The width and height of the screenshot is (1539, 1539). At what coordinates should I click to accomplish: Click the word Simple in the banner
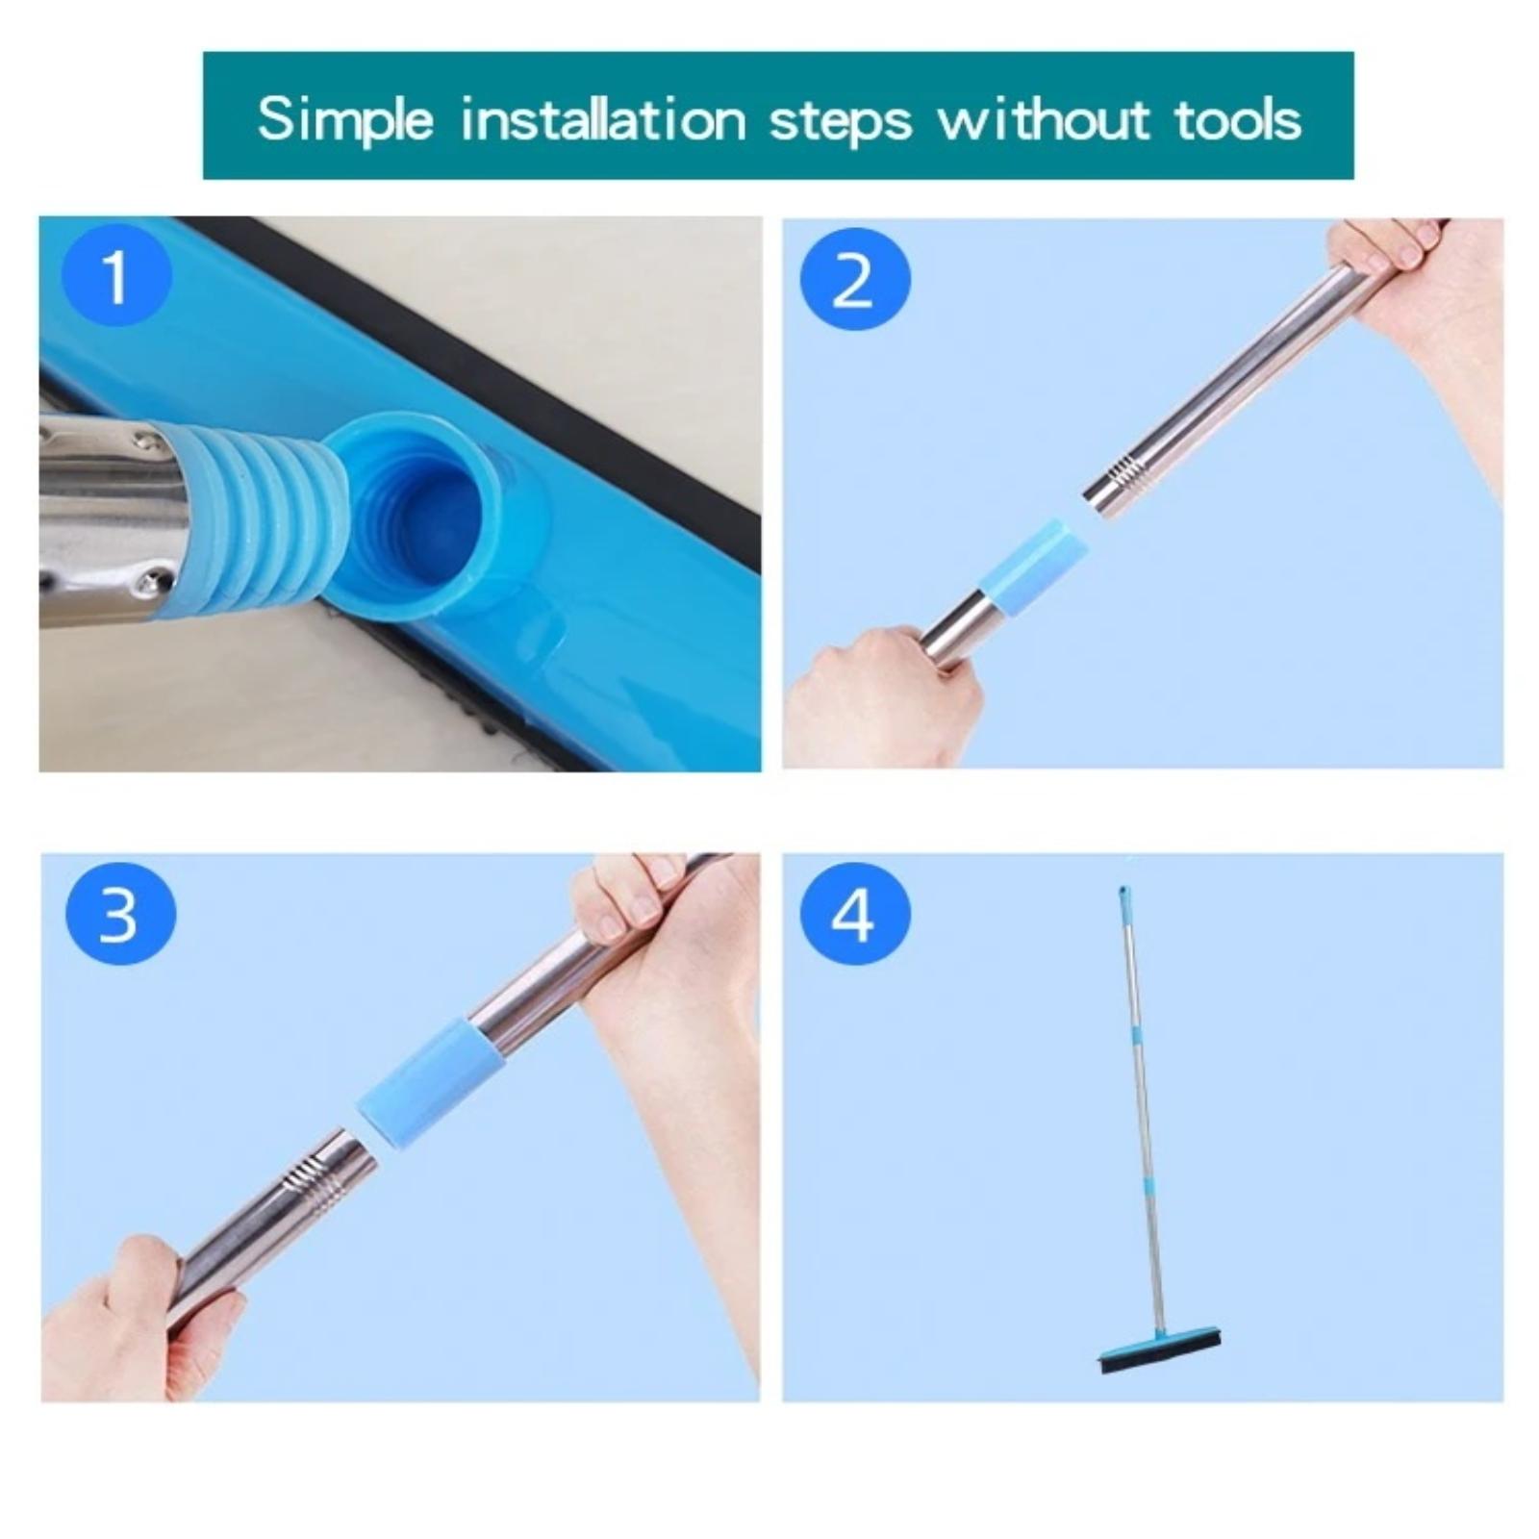(345, 121)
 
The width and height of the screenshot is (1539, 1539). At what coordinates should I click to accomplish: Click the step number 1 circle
(116, 277)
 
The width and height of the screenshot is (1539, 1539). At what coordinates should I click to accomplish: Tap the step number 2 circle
(854, 280)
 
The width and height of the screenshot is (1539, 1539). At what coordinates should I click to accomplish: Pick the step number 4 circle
(854, 914)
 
